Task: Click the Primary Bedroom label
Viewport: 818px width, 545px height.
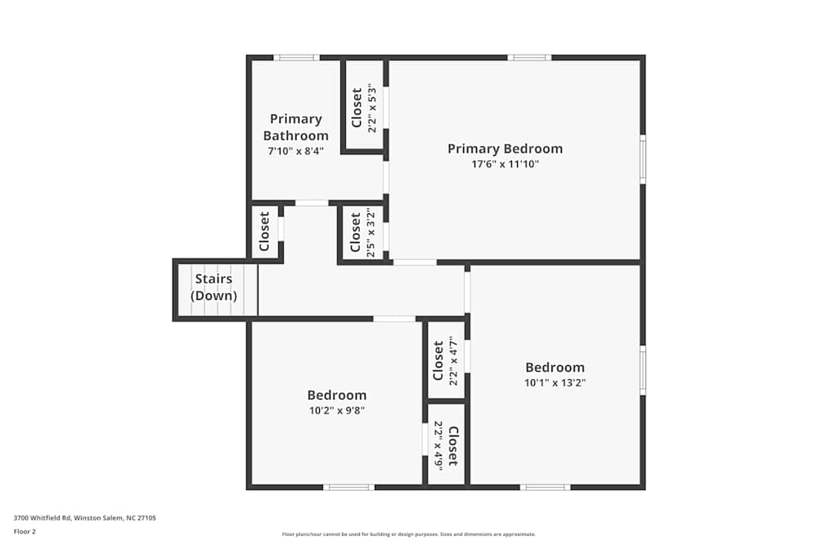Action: pyautogui.click(x=505, y=149)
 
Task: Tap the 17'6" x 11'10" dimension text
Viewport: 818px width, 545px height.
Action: pyautogui.click(x=505, y=164)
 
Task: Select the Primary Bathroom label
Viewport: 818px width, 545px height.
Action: pyautogui.click(x=295, y=127)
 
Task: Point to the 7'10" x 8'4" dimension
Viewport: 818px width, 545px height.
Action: pyautogui.click(x=295, y=151)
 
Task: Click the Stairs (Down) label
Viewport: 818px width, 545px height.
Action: pyautogui.click(x=213, y=288)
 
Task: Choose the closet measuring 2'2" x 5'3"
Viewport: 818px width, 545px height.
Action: pyautogui.click(x=363, y=107)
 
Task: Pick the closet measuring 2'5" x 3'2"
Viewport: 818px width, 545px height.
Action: pyautogui.click(x=362, y=234)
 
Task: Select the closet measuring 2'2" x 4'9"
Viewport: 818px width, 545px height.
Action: pyautogui.click(x=446, y=445)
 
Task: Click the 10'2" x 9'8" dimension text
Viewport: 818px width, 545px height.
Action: pyautogui.click(x=336, y=411)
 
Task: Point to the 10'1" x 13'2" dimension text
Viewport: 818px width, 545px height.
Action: pyautogui.click(x=555, y=382)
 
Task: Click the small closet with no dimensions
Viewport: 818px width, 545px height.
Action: pyautogui.click(x=265, y=231)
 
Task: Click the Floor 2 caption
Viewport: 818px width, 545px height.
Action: pyautogui.click(x=25, y=531)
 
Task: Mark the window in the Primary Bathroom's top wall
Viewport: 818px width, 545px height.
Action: pyautogui.click(x=296, y=57)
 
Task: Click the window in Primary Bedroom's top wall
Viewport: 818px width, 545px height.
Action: pyautogui.click(x=528, y=57)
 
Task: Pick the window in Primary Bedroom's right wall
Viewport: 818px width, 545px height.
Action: pyautogui.click(x=643, y=159)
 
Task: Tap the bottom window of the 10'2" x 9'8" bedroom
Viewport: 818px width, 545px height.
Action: pyautogui.click(x=348, y=488)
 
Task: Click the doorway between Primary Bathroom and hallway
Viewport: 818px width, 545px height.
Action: pyautogui.click(x=312, y=203)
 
